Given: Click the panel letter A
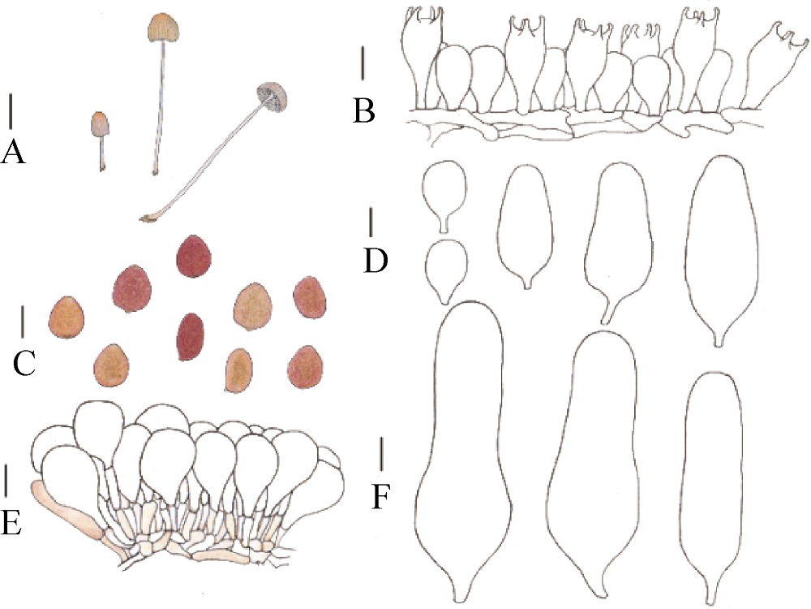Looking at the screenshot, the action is pyautogui.click(x=13, y=153).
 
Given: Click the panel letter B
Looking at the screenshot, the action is pyautogui.click(x=363, y=110).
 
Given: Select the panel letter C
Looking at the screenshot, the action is pyautogui.click(x=24, y=362).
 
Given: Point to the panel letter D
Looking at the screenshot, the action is pyautogui.click(x=376, y=260).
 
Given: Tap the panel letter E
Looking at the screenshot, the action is pyautogui.click(x=11, y=521).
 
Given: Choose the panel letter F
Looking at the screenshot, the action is pyautogui.click(x=380, y=496).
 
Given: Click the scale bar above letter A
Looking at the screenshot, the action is pyautogui.click(x=11, y=110).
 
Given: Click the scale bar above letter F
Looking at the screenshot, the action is pyautogui.click(x=381, y=454).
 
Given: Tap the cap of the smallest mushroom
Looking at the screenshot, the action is pyautogui.click(x=101, y=124).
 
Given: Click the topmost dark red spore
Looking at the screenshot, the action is pyautogui.click(x=194, y=257).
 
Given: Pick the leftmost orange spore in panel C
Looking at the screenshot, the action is pyautogui.click(x=67, y=317).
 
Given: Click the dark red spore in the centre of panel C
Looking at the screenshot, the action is pyautogui.click(x=190, y=337).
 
